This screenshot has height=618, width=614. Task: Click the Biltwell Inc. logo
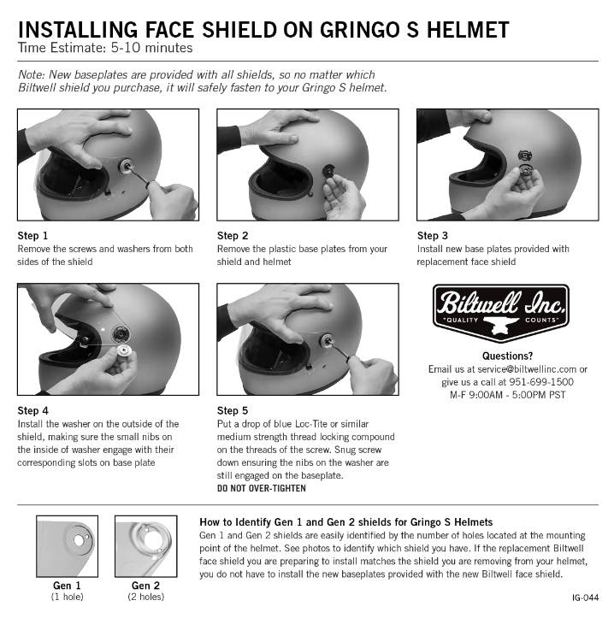[501, 311]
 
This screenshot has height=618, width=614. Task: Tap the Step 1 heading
[33, 236]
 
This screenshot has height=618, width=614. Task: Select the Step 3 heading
[433, 236]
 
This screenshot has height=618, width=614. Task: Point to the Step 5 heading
[233, 411]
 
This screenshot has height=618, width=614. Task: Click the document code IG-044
[584, 599]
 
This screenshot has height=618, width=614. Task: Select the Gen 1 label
[67, 586]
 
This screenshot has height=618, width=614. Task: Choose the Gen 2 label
[145, 586]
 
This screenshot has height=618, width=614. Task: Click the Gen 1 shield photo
[67, 546]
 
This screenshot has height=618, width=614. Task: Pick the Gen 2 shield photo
[145, 546]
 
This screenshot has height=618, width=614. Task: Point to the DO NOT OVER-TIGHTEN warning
[261, 489]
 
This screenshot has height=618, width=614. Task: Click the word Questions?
[507, 356]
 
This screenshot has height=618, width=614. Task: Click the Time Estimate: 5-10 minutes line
[105, 50]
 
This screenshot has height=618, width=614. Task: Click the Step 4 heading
[33, 411]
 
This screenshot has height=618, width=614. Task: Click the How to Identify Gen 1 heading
[347, 521]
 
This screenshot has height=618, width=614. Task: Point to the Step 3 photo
[506, 164]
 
